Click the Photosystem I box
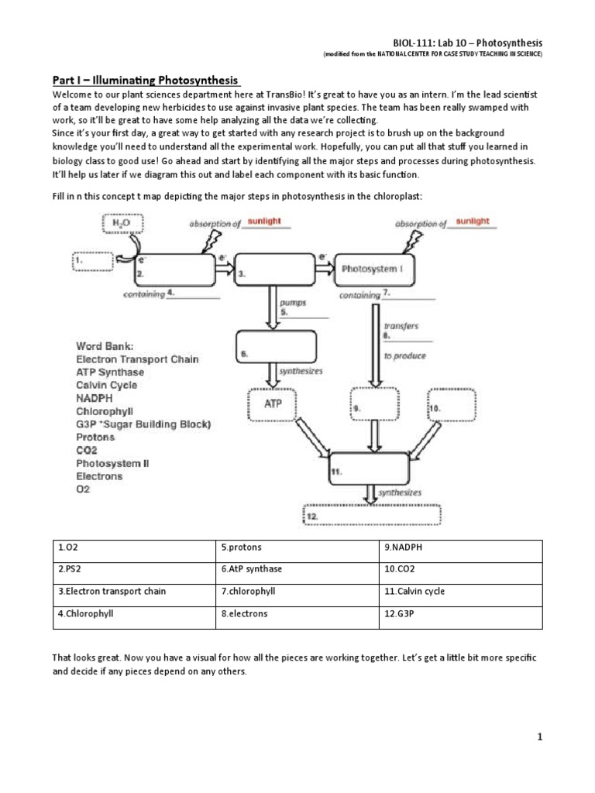[x=379, y=269]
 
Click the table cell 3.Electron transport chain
[x=133, y=591]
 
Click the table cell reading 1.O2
[x=133, y=548]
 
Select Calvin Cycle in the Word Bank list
[x=107, y=385]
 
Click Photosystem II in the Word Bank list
[x=112, y=463]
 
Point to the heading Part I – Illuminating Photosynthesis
[x=146, y=81]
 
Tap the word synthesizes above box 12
[x=401, y=493]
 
